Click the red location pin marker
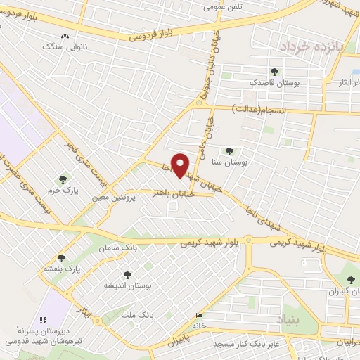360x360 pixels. coord(181,165)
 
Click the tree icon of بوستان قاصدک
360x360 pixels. coord(274,72)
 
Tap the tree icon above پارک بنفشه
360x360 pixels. coord(61,258)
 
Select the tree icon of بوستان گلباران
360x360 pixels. coord(351,280)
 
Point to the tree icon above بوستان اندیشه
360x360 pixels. coord(127,275)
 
